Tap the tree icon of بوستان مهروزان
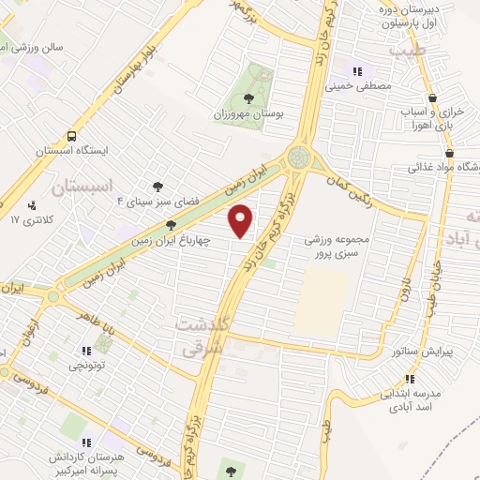pyautogui.click(x=247, y=98)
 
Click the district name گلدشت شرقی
pyautogui.click(x=201, y=332)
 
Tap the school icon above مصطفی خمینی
pyautogui.click(x=356, y=71)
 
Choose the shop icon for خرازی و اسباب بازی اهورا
pyautogui.click(x=431, y=98)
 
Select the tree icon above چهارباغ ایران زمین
pyautogui.click(x=171, y=225)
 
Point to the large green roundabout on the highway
pyautogui.click(x=299, y=156)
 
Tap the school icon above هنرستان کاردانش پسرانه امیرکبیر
pyautogui.click(x=85, y=442)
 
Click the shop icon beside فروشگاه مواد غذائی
pyautogui.click(x=449, y=154)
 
